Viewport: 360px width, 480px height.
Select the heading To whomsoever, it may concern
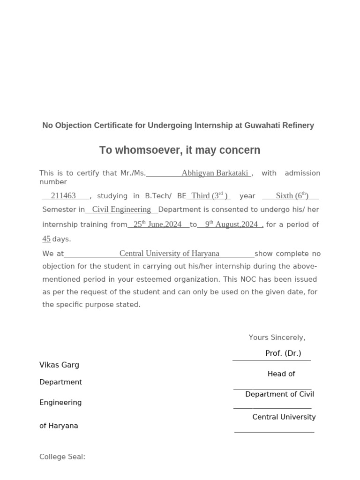pos(180,150)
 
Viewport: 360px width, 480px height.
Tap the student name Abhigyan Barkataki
pos(215,173)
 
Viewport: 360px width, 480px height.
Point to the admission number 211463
pos(63,196)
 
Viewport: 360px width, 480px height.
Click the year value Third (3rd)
pos(210,196)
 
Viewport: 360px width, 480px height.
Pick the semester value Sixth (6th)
pos(292,196)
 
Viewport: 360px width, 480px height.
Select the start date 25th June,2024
pos(157,225)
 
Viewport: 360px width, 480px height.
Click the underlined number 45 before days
pos(46,239)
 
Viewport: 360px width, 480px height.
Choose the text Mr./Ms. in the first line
pos(133,173)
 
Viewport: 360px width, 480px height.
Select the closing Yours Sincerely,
pos(277,337)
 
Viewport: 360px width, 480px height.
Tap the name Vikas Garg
pos(59,365)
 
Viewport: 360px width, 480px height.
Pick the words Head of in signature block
pos(281,374)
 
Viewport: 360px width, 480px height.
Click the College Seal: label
pos(62,457)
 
